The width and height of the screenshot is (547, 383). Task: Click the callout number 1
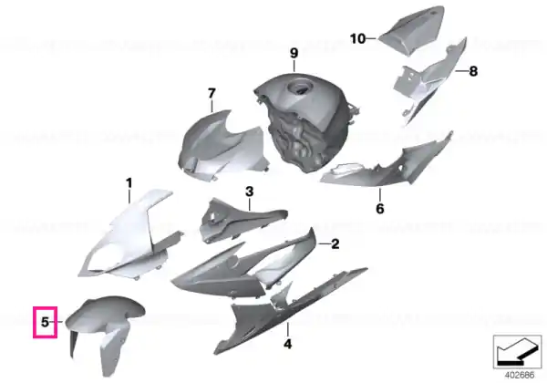[129, 182]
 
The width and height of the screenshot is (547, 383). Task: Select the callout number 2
[335, 243]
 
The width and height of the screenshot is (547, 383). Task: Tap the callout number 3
[250, 191]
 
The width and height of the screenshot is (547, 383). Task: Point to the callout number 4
[287, 345]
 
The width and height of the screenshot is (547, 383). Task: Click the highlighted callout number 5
[45, 322]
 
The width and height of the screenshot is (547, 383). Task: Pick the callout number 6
[380, 209]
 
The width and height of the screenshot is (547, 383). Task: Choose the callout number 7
[212, 94]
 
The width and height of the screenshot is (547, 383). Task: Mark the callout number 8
[473, 71]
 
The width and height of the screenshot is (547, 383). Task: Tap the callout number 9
[294, 54]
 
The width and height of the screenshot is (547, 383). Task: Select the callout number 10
[357, 38]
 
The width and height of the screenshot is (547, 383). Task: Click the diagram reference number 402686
[520, 375]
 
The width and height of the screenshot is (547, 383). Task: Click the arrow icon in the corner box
[517, 351]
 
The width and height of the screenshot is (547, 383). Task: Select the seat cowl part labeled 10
[412, 30]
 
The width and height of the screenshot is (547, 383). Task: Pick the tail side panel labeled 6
[387, 164]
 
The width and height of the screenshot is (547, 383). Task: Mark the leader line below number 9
[294, 66]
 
